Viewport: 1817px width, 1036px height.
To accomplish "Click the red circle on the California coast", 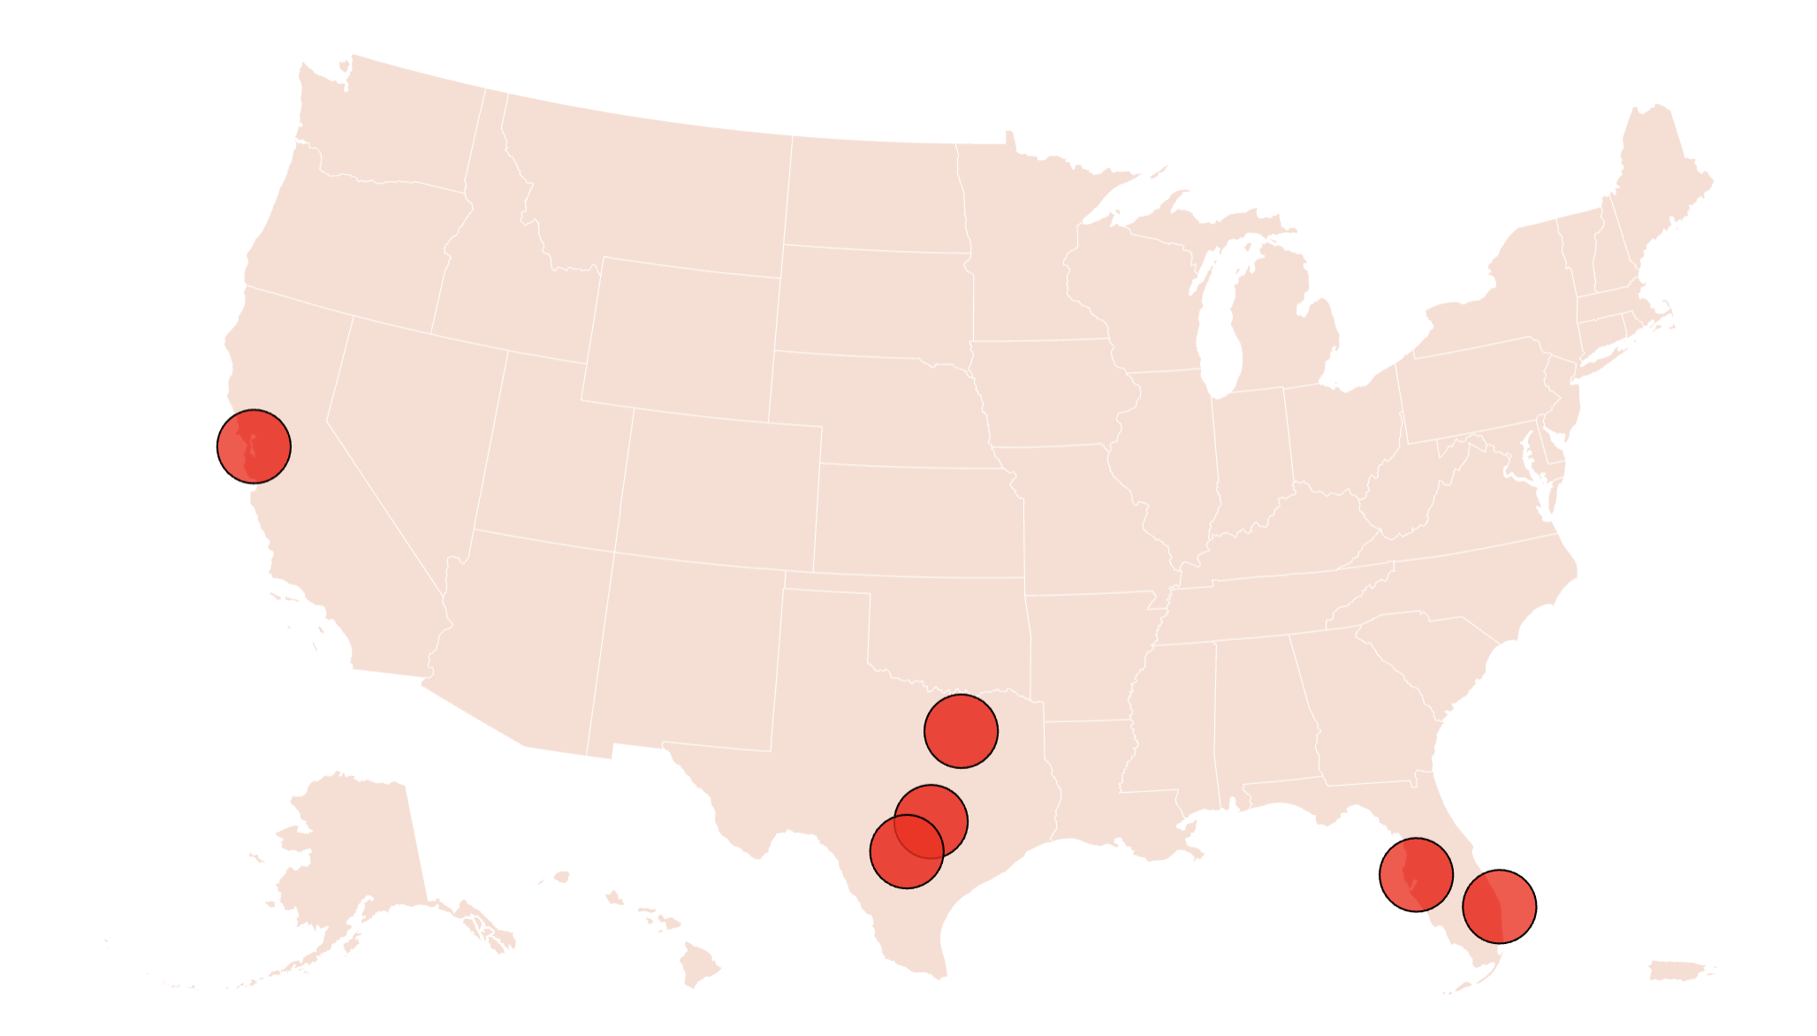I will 254,446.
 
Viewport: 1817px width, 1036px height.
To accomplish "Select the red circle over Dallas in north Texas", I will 961,731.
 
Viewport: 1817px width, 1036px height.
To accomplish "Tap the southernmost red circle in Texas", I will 907,851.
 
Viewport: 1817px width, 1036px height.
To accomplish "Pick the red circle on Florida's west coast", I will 1416,874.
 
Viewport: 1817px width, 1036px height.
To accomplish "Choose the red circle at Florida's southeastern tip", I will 1499,906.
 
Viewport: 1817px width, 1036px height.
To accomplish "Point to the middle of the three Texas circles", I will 931,821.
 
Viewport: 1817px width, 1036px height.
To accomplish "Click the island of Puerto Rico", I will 1680,971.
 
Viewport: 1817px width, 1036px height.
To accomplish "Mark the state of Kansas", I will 919,522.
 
